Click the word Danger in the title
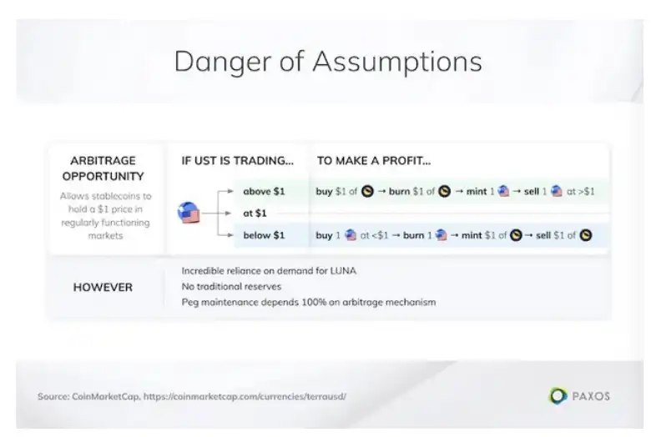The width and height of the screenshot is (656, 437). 222,63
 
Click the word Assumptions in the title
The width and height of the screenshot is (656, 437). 397,63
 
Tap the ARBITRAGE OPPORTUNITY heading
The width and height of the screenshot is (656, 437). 103,168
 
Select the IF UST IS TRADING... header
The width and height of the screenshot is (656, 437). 237,161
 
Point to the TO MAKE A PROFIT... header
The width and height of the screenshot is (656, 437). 374,161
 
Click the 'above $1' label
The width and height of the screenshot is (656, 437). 264,192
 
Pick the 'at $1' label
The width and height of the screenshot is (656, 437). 255,213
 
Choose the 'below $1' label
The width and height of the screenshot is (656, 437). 264,235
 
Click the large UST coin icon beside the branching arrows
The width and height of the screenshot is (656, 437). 189,213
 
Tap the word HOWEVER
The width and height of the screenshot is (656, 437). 103,287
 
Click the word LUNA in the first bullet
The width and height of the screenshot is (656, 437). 343,270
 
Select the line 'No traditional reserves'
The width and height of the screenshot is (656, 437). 231,286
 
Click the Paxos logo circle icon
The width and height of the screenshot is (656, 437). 558,395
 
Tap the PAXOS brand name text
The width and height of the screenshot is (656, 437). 591,396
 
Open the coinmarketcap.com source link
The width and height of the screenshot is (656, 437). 245,396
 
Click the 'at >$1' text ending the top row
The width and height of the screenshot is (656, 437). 580,192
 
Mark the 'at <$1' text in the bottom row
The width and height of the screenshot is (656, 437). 374,235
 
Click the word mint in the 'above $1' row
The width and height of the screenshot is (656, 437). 477,192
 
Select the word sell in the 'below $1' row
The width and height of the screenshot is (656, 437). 543,235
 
